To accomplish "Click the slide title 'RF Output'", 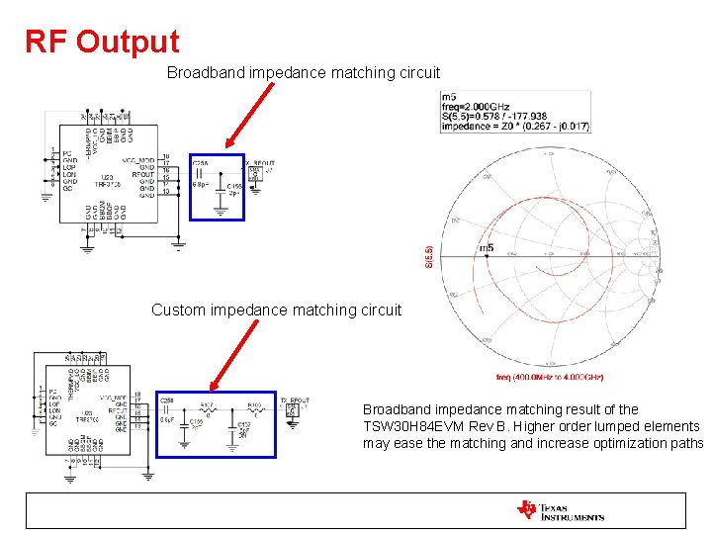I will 102,42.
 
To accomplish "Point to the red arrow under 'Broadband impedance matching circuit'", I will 249,117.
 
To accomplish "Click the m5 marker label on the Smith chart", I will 486,247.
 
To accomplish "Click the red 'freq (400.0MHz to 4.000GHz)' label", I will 550,377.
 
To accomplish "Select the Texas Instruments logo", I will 560,511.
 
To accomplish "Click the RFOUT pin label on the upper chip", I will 143,175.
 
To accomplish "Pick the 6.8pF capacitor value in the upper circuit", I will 199,185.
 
